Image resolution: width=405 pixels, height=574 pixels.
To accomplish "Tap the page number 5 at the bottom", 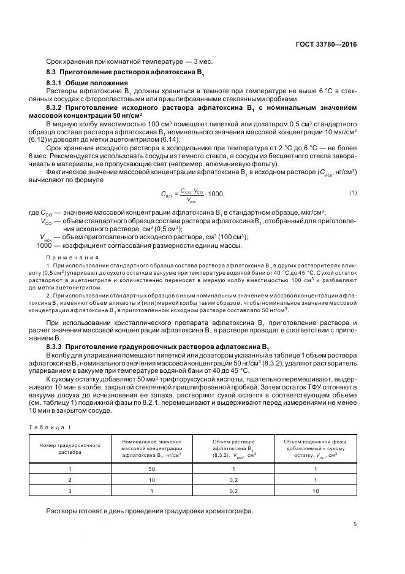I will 355,524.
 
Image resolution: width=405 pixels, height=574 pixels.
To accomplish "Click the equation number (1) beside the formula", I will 353,193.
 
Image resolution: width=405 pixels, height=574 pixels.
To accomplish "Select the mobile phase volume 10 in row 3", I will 315,491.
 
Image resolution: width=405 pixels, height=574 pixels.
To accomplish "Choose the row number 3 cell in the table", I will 69,491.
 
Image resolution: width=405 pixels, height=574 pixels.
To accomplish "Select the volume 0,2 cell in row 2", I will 233,480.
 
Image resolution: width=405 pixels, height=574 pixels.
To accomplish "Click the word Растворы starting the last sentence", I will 61,511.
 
